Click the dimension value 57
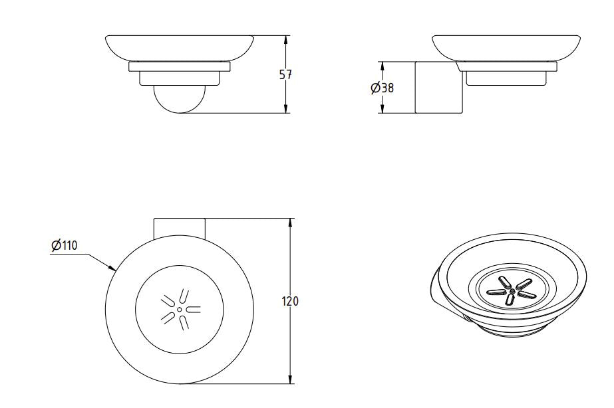(285, 75)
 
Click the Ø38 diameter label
(383, 88)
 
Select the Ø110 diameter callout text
(65, 246)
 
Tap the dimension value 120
(291, 301)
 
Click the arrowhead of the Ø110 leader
(114, 269)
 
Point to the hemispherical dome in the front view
(179, 100)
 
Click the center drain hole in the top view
(180, 309)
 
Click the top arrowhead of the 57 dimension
(285, 39)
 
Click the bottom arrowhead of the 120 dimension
(290, 380)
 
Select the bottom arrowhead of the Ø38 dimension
(382, 110)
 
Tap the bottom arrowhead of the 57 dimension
(285, 109)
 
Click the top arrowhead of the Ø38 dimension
(382, 66)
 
